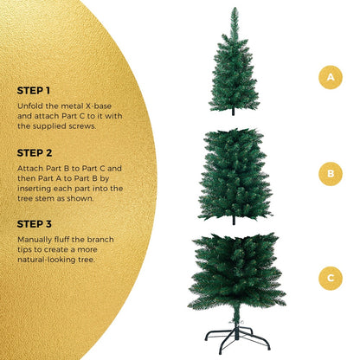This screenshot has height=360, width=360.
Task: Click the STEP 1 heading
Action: (34, 90)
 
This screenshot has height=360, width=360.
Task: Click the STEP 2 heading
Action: (35, 151)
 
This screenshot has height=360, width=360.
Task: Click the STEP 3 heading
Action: (35, 222)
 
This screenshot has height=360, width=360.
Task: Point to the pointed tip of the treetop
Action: (234, 10)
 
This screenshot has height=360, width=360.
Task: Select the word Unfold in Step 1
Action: (29, 106)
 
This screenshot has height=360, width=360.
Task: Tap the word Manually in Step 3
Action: (35, 239)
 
